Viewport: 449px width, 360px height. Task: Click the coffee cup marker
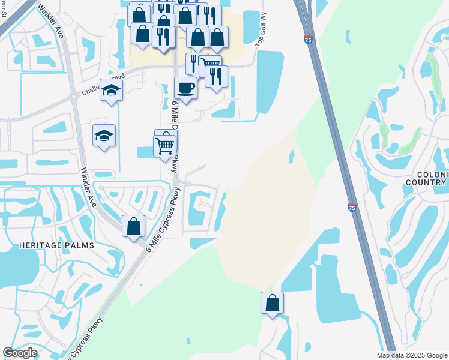coord(185,88)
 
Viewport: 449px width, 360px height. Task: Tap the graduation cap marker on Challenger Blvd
coord(111,91)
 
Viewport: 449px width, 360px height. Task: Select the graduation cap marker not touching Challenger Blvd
coord(104,136)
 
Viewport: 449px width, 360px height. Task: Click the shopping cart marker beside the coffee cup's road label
coord(164,145)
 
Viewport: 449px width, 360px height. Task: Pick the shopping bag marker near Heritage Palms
coord(134,227)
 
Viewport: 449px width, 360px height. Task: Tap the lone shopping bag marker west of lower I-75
coord(272,303)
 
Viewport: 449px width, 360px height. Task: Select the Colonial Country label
coord(427,178)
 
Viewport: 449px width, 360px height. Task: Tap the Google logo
coord(20,353)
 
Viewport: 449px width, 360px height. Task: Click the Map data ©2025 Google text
coord(411,355)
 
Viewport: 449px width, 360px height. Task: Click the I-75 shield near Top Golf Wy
coord(308,40)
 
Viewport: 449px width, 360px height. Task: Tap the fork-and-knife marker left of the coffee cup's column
coord(163,37)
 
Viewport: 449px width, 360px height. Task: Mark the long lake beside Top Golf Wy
coord(270,81)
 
